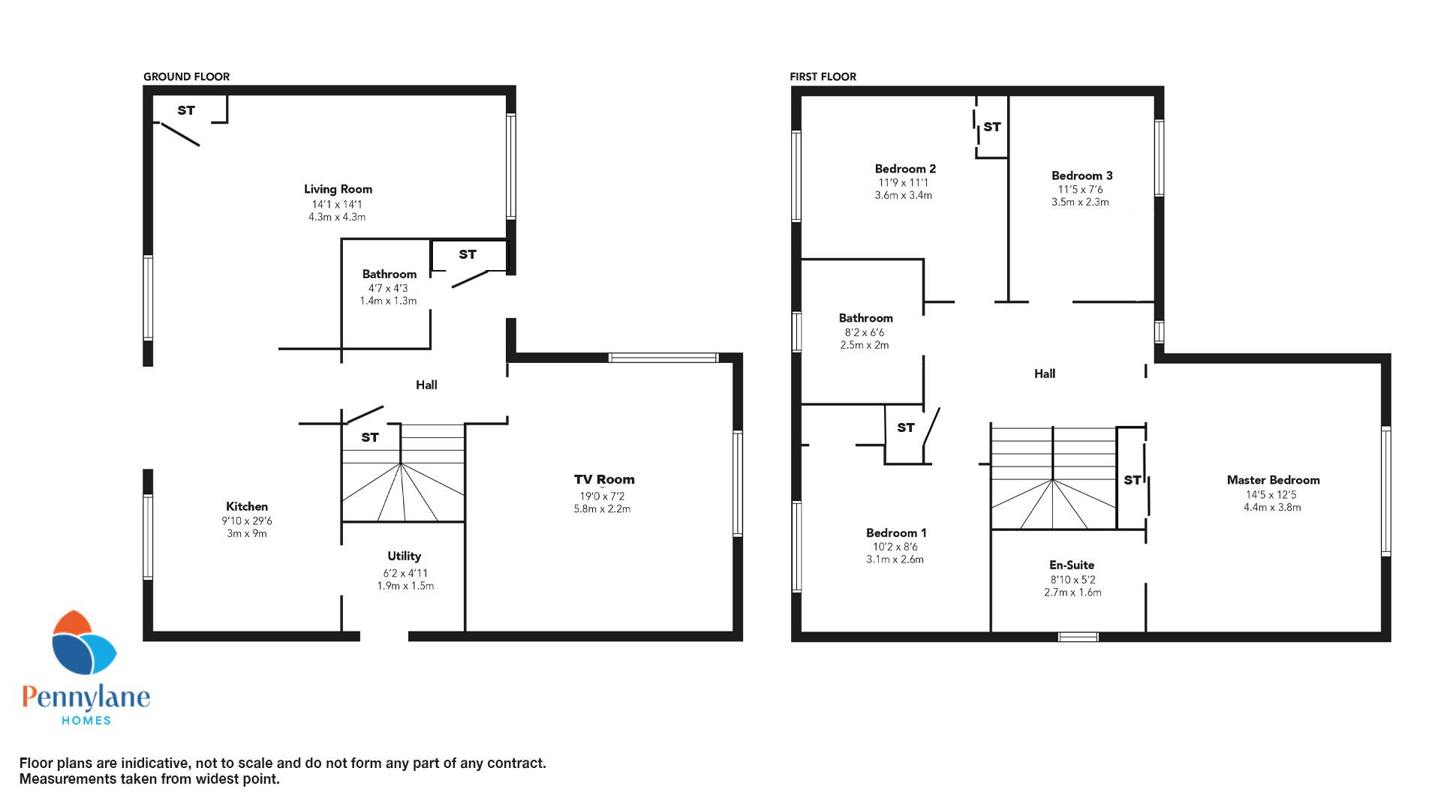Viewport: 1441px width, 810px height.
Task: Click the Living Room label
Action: [x=338, y=189]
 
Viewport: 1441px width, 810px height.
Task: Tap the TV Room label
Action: [x=604, y=479]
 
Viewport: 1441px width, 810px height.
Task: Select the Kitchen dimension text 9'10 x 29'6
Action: [x=247, y=520]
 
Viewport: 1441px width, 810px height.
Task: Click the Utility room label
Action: [x=404, y=556]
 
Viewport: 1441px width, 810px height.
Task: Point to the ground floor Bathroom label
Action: [x=389, y=274]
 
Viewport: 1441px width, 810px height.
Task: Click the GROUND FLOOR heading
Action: [x=186, y=76]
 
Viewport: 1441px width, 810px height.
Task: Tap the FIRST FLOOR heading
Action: [x=823, y=76]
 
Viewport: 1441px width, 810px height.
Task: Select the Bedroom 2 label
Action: [x=905, y=169]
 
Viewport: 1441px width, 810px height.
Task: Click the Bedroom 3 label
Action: [x=1082, y=175]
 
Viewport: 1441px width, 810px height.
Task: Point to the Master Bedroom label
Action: [x=1273, y=480]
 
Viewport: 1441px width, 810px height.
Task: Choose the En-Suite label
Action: [x=1072, y=565]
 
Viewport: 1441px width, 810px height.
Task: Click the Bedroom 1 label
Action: [x=896, y=532]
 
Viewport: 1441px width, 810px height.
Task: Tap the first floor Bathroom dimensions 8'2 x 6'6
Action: [x=865, y=332]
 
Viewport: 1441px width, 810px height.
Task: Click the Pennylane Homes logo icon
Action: [x=83, y=643]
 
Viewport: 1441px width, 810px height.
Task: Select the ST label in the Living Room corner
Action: [x=186, y=110]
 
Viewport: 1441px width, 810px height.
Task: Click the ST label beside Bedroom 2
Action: [x=992, y=127]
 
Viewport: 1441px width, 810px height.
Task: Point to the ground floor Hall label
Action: [x=426, y=385]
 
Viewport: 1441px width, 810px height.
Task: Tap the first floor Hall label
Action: [x=1045, y=373]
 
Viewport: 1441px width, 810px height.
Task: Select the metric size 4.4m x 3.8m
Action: [x=1272, y=507]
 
